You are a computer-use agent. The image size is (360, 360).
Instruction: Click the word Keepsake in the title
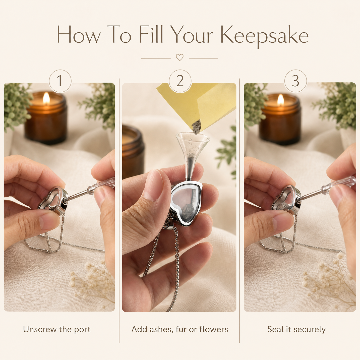tap(264, 36)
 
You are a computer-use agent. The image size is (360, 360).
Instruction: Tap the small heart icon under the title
tap(180, 57)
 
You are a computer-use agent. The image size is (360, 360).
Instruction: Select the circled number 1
tap(60, 81)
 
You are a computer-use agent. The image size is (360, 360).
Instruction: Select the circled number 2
tap(180, 81)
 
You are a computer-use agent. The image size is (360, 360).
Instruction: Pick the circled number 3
tap(295, 81)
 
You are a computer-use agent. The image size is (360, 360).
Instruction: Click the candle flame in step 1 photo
tap(46, 98)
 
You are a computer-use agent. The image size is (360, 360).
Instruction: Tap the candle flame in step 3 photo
tap(281, 100)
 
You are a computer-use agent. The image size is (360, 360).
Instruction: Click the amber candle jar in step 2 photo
tap(133, 149)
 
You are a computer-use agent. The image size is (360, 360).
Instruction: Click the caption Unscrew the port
tap(57, 329)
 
